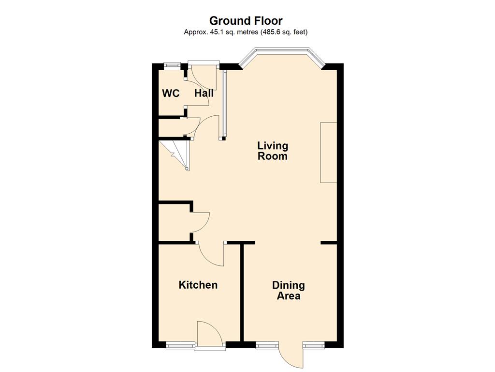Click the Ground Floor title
point(246,21)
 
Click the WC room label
point(171,93)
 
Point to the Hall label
point(204,93)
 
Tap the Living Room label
point(273,151)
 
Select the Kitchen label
point(198,285)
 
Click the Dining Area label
point(289,291)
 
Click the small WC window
point(172,65)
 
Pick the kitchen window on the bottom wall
point(180,345)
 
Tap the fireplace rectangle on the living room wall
point(329,153)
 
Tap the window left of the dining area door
point(267,345)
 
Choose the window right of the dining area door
point(314,345)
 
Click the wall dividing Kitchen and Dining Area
point(243,292)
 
